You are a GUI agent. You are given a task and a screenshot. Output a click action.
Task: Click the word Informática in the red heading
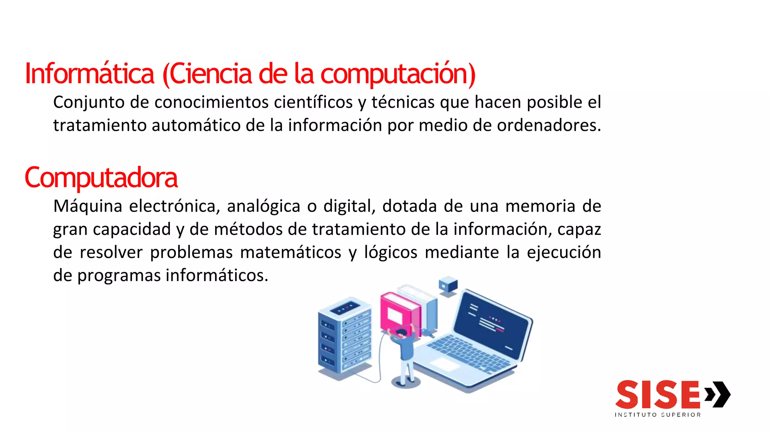tap(89, 73)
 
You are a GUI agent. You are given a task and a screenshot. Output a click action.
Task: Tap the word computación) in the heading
tap(398, 74)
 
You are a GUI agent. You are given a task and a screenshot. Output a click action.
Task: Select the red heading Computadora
tap(101, 177)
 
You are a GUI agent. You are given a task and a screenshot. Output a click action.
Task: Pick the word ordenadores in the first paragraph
tap(547, 125)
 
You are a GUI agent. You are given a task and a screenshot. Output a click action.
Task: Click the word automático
tap(196, 125)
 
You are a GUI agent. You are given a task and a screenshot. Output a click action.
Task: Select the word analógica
tap(264, 206)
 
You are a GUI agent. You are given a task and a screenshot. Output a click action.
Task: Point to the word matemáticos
tap(291, 252)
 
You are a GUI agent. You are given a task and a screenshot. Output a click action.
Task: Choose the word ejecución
tap(564, 252)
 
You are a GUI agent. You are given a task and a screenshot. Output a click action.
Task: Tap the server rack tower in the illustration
tap(344, 336)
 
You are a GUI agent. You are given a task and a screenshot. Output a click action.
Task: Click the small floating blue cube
tap(448, 285)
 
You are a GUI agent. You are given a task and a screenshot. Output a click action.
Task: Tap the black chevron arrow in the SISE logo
tap(718, 394)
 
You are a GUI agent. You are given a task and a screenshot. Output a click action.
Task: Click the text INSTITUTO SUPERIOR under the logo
tap(658, 415)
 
